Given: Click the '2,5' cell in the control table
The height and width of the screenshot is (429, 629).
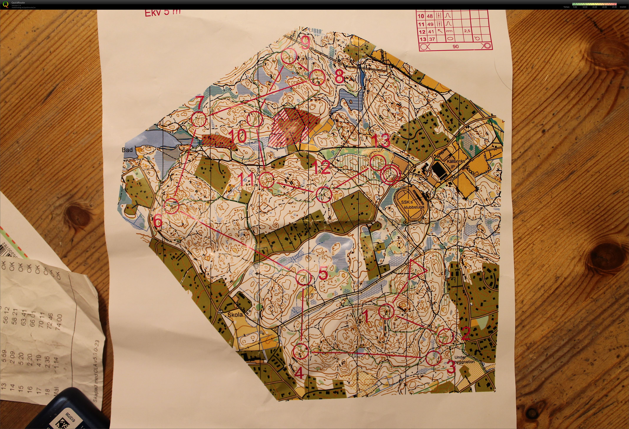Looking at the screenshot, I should pos(467,31).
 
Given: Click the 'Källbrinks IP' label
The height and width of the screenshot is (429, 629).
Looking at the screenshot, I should pos(455,164).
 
